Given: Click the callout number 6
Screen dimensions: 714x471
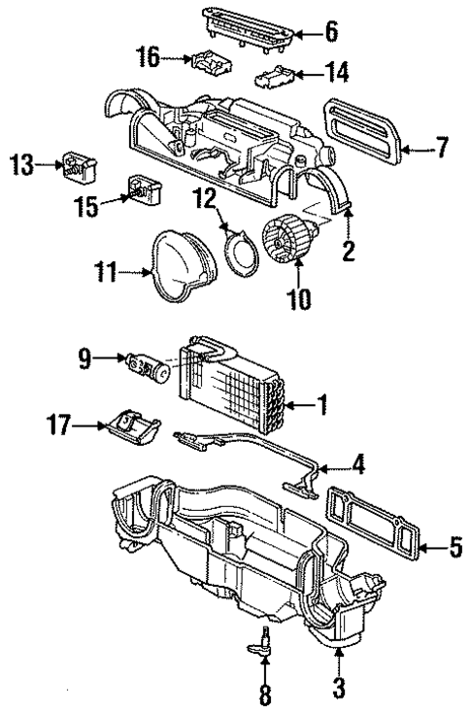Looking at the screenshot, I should point(333,33).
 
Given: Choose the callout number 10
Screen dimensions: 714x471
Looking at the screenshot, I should point(299,297).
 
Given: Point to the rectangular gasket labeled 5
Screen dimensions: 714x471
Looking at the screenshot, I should point(375,530).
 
